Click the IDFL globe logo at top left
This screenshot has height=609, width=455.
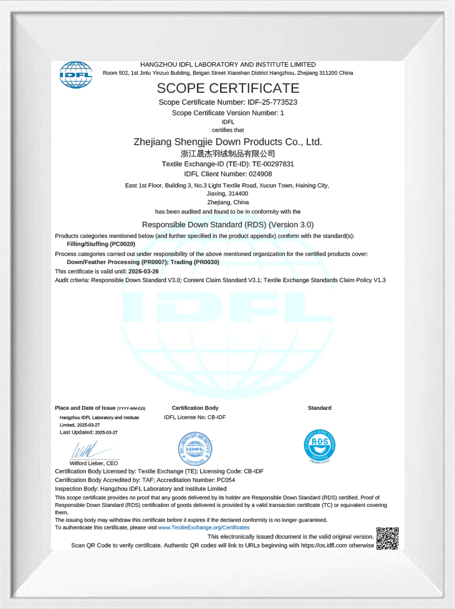click(x=75, y=75)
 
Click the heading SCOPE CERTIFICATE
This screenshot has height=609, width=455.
click(x=228, y=88)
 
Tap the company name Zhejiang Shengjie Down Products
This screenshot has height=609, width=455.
click(x=228, y=142)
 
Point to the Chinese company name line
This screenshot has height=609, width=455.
click(x=228, y=153)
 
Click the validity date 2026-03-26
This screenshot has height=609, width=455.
click(x=143, y=271)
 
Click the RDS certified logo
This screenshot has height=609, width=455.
click(x=320, y=446)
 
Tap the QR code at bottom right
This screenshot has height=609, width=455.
click(x=388, y=539)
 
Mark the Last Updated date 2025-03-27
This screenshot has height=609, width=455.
click(x=105, y=432)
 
